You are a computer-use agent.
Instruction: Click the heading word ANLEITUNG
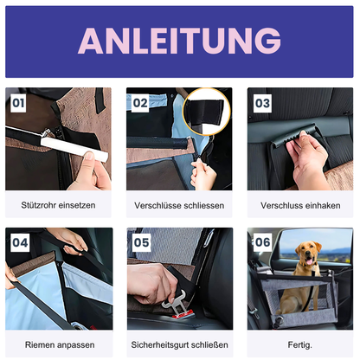point(180,41)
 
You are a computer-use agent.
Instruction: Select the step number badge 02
point(141,102)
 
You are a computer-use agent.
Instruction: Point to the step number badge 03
point(262,102)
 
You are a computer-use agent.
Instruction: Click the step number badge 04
point(20,243)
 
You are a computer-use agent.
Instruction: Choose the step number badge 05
point(141,243)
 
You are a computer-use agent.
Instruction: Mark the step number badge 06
point(262,243)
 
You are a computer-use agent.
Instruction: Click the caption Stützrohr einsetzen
point(59,206)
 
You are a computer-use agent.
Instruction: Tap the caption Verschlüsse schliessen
point(179,206)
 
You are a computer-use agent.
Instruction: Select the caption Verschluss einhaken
point(300,206)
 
